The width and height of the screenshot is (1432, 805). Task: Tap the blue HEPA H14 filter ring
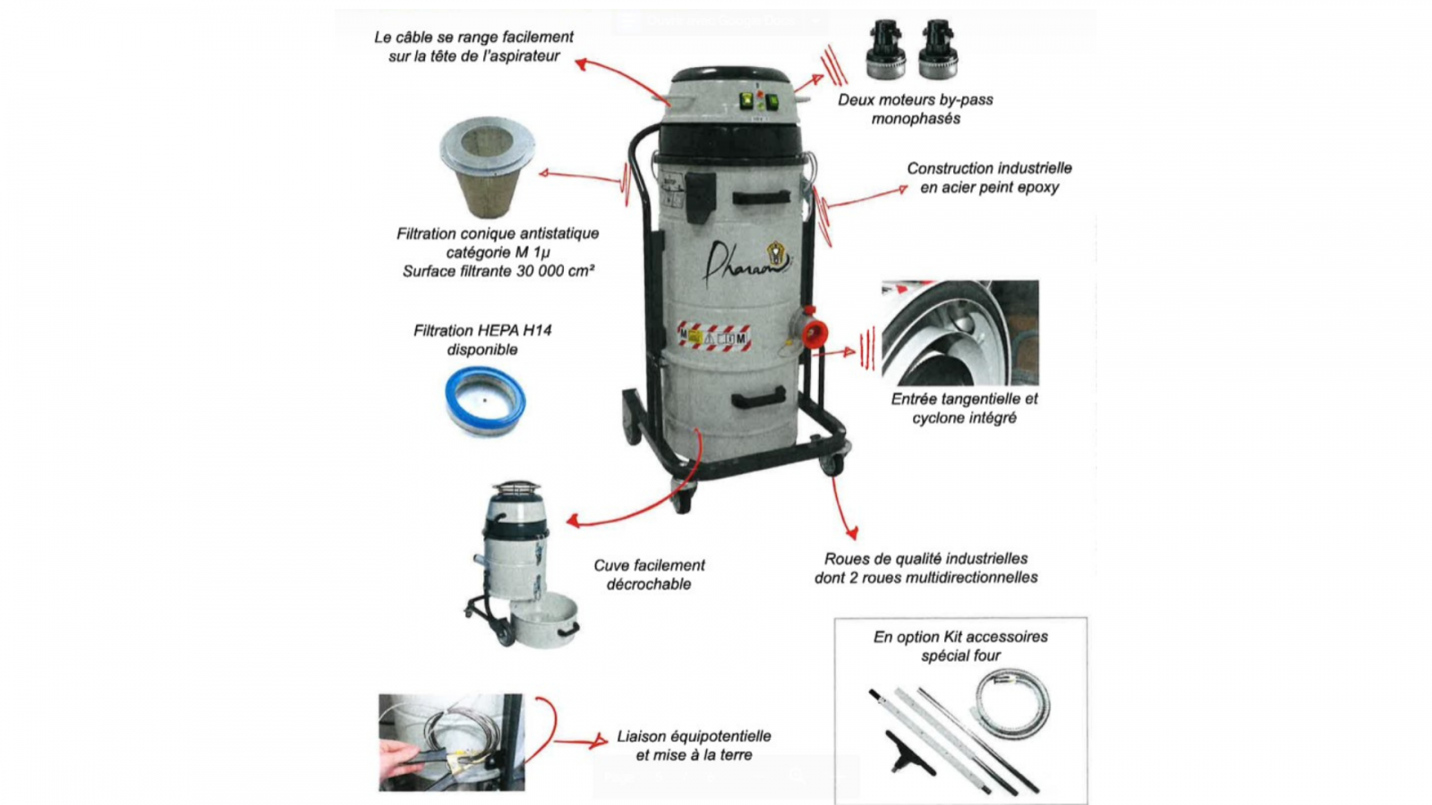coord(485,400)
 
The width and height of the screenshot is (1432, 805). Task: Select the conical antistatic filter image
coord(487,166)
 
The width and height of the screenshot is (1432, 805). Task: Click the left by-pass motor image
coord(885,50)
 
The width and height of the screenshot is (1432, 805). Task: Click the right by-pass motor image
coord(938,50)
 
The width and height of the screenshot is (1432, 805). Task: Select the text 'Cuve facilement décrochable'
coord(649,574)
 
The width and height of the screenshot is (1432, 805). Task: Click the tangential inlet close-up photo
coord(960,333)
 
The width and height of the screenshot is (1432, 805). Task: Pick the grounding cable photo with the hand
coord(451,742)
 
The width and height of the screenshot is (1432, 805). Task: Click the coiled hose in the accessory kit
coord(1013,703)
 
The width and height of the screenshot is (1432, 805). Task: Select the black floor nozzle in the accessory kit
coord(909,755)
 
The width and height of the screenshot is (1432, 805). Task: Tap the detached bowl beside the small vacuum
coord(545,620)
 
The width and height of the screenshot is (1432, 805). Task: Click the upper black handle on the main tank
coord(761,198)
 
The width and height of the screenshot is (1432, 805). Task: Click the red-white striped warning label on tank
coord(714,336)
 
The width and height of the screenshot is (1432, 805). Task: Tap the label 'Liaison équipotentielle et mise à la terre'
coord(694,746)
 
